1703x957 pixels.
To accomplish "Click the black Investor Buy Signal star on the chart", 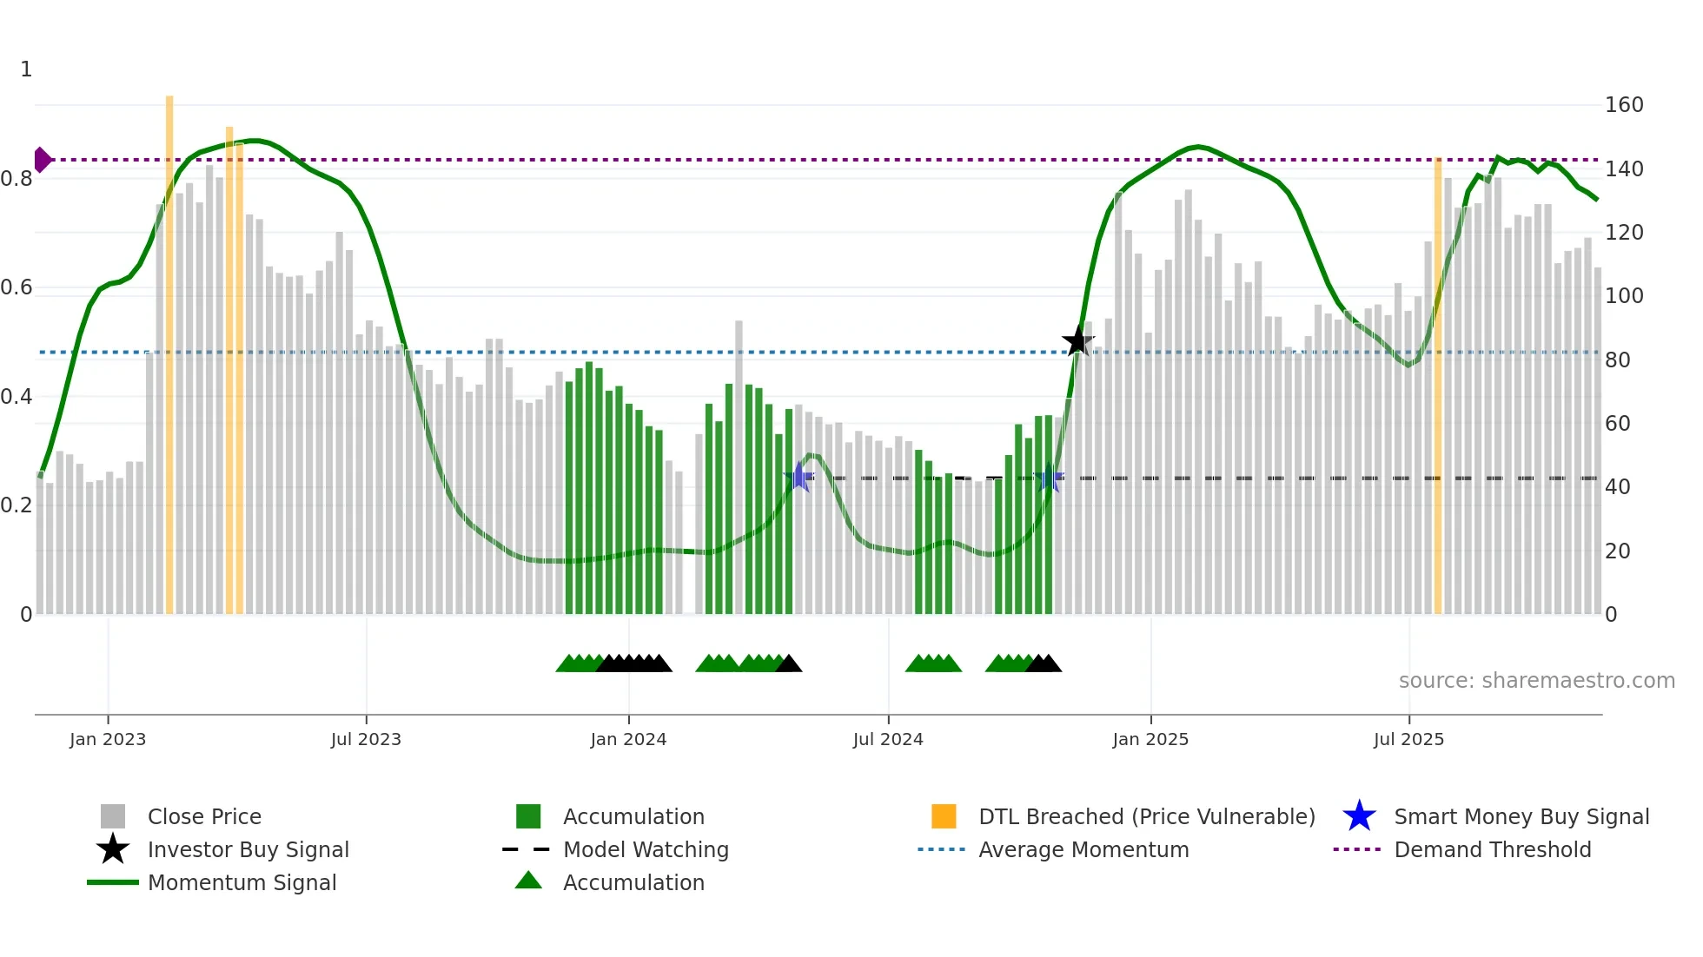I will (1077, 341).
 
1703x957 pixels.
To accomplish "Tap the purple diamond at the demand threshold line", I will (42, 160).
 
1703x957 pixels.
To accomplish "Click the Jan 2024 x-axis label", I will (628, 739).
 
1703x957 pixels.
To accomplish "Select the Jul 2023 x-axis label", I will (366, 739).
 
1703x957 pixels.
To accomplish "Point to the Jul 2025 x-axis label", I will (1408, 739).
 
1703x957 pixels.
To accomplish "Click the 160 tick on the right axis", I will (1624, 105).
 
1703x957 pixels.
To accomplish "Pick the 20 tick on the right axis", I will (1617, 551).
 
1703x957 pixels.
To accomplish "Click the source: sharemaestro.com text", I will (1536, 681).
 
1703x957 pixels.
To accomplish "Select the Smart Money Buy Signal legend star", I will (1359, 816).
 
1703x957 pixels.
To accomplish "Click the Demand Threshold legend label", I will (1492, 849).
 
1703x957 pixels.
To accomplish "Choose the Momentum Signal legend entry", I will (242, 882).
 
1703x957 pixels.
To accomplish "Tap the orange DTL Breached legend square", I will (944, 816).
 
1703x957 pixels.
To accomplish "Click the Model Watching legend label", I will (646, 849).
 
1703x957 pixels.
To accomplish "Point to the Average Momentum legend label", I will (1083, 849).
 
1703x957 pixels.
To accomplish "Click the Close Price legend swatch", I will (113, 816).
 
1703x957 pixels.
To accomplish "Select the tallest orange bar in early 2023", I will (169, 347).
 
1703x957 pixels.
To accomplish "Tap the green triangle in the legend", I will (528, 881).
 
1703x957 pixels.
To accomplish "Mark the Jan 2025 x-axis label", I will (1150, 739).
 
